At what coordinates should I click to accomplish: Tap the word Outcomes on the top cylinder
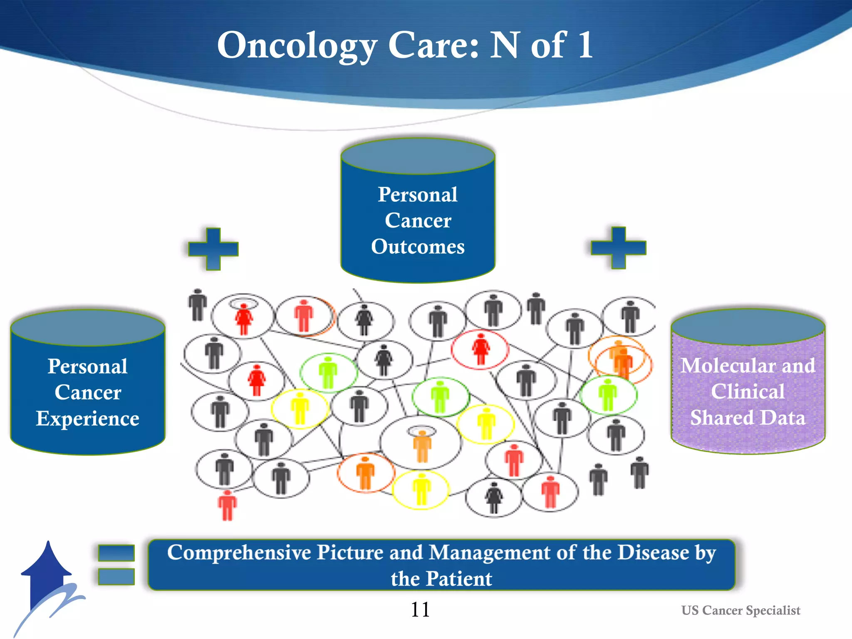(418, 246)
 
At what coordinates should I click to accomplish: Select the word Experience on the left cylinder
(87, 418)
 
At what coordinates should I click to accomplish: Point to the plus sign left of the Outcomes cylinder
(213, 249)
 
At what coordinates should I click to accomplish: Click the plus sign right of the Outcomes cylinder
(618, 248)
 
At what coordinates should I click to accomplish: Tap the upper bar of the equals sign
(116, 553)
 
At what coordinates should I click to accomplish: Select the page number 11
(420, 609)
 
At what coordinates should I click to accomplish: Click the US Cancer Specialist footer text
(741, 610)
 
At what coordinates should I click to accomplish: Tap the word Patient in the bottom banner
(459, 579)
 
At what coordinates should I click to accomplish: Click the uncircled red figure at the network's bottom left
(227, 505)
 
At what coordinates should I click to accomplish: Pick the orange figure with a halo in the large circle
(422, 445)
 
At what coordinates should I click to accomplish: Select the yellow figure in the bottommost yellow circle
(421, 489)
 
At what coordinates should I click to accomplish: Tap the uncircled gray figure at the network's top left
(198, 305)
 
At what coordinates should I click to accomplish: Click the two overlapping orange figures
(621, 359)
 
